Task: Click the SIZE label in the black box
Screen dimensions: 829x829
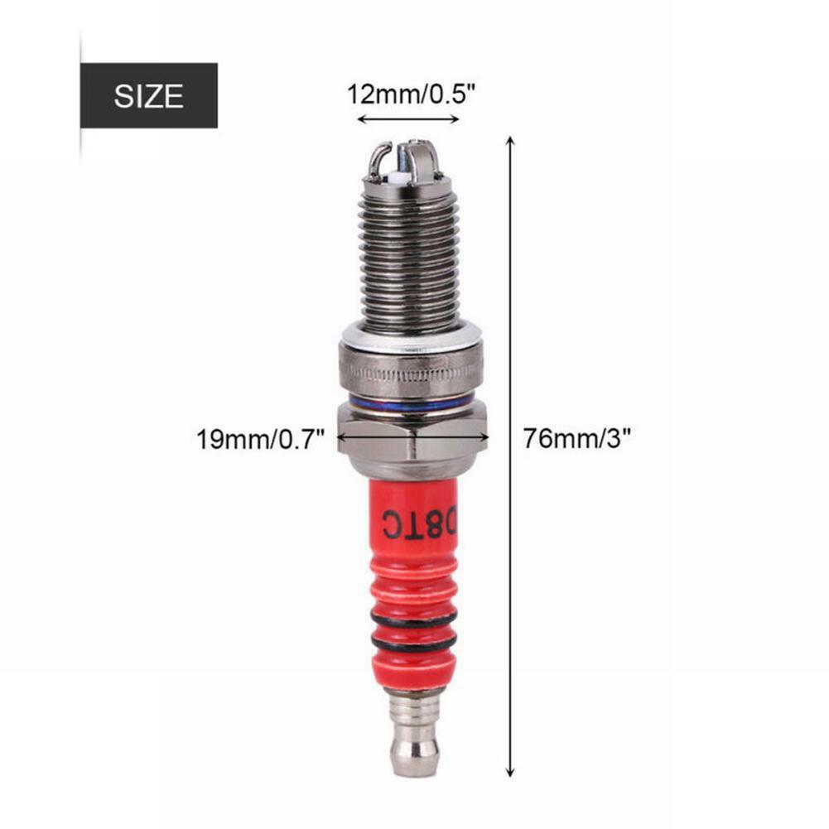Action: click(x=148, y=96)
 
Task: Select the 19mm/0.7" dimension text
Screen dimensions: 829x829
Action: click(x=258, y=437)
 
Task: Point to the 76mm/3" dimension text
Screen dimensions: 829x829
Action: click(x=576, y=437)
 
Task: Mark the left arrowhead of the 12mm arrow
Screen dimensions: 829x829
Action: click(x=361, y=119)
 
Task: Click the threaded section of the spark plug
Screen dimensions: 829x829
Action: click(x=409, y=257)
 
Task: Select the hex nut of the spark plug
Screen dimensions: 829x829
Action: click(x=412, y=436)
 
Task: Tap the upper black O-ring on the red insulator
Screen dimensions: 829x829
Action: click(x=413, y=619)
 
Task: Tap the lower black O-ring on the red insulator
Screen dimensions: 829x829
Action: click(x=413, y=643)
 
